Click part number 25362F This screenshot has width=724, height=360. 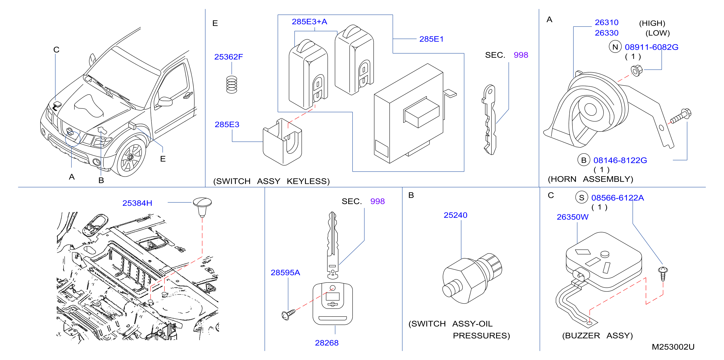[x=228, y=57]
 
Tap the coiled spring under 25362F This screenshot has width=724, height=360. [x=232, y=84]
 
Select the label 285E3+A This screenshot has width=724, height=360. [x=309, y=22]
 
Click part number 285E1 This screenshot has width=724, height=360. [x=431, y=39]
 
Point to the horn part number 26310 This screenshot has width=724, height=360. [x=606, y=23]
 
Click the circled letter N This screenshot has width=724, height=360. [x=615, y=47]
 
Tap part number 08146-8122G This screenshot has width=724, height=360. [x=620, y=160]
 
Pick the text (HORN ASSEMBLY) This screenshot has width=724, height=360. [x=590, y=179]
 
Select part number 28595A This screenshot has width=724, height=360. [x=285, y=272]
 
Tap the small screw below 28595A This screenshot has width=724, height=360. [x=288, y=314]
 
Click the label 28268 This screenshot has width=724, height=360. [x=327, y=343]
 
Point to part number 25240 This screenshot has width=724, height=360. [x=455, y=215]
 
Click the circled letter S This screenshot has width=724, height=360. [x=581, y=198]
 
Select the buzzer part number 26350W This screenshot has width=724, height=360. [x=572, y=217]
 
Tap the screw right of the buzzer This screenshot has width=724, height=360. [x=663, y=274]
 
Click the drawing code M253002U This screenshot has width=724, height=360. [x=673, y=347]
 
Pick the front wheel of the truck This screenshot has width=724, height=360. [x=131, y=157]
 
